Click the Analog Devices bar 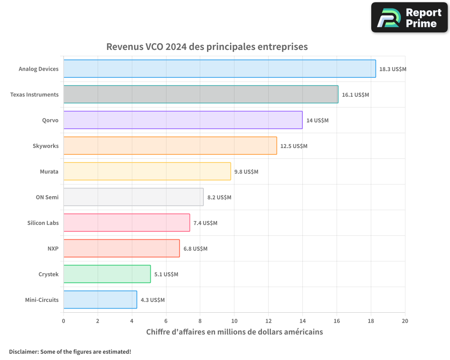point(220,69)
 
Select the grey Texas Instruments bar point(201,94)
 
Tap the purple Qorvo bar point(183,120)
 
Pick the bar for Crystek point(107,274)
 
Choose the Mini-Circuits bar point(100,300)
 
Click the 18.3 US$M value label point(393,69)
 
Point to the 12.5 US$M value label point(294,146)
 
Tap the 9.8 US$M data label point(247,172)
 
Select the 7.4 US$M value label point(205,223)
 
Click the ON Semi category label point(47,198)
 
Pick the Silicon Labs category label point(43,223)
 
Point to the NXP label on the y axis point(53,249)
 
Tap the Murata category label point(49,172)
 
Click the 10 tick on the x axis point(234,321)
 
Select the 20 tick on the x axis point(405,321)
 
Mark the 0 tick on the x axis point(63,321)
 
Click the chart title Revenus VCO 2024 point(207,47)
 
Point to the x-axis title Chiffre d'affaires point(234,332)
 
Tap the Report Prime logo point(409,18)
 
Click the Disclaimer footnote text point(70,352)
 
